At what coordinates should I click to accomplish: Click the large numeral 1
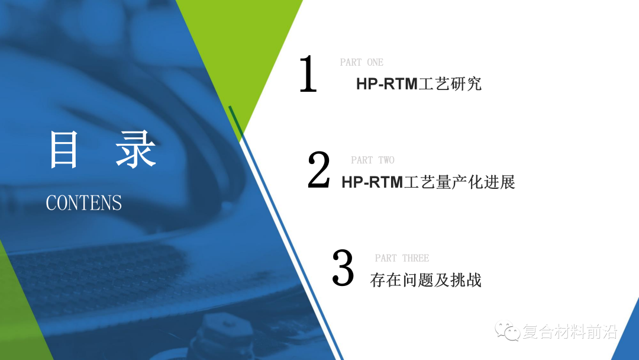tap(308, 74)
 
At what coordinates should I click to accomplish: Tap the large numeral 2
tap(319, 171)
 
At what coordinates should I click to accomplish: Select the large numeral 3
tap(343, 268)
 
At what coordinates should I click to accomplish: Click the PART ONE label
tap(362, 62)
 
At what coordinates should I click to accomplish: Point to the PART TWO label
tap(372, 160)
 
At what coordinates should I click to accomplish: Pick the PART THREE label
tap(402, 258)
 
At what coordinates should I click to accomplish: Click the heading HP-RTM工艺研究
tap(419, 83)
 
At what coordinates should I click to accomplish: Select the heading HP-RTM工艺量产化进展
tap(428, 182)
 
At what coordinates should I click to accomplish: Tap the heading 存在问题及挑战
tap(426, 279)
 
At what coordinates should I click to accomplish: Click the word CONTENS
tap(83, 203)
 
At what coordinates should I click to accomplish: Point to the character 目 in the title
tap(63, 149)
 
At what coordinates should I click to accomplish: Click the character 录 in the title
tap(135, 149)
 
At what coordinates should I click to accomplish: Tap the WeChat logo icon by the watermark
tap(507, 331)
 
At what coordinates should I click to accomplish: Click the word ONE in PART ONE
tap(375, 62)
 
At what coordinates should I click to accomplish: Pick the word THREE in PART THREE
tap(415, 258)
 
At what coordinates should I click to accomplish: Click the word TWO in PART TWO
tap(386, 160)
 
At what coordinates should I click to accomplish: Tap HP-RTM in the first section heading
tap(387, 84)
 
